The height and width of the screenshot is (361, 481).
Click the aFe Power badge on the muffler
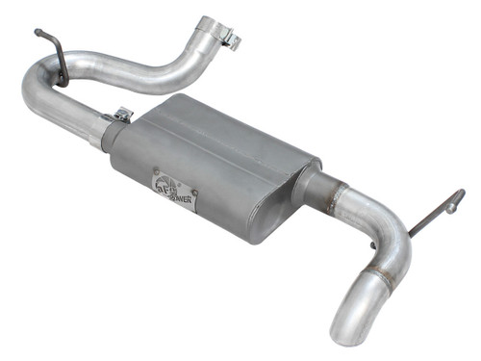(175, 190)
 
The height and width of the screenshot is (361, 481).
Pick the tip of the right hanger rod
(459, 195)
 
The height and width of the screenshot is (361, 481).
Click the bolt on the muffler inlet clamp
(122, 115)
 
